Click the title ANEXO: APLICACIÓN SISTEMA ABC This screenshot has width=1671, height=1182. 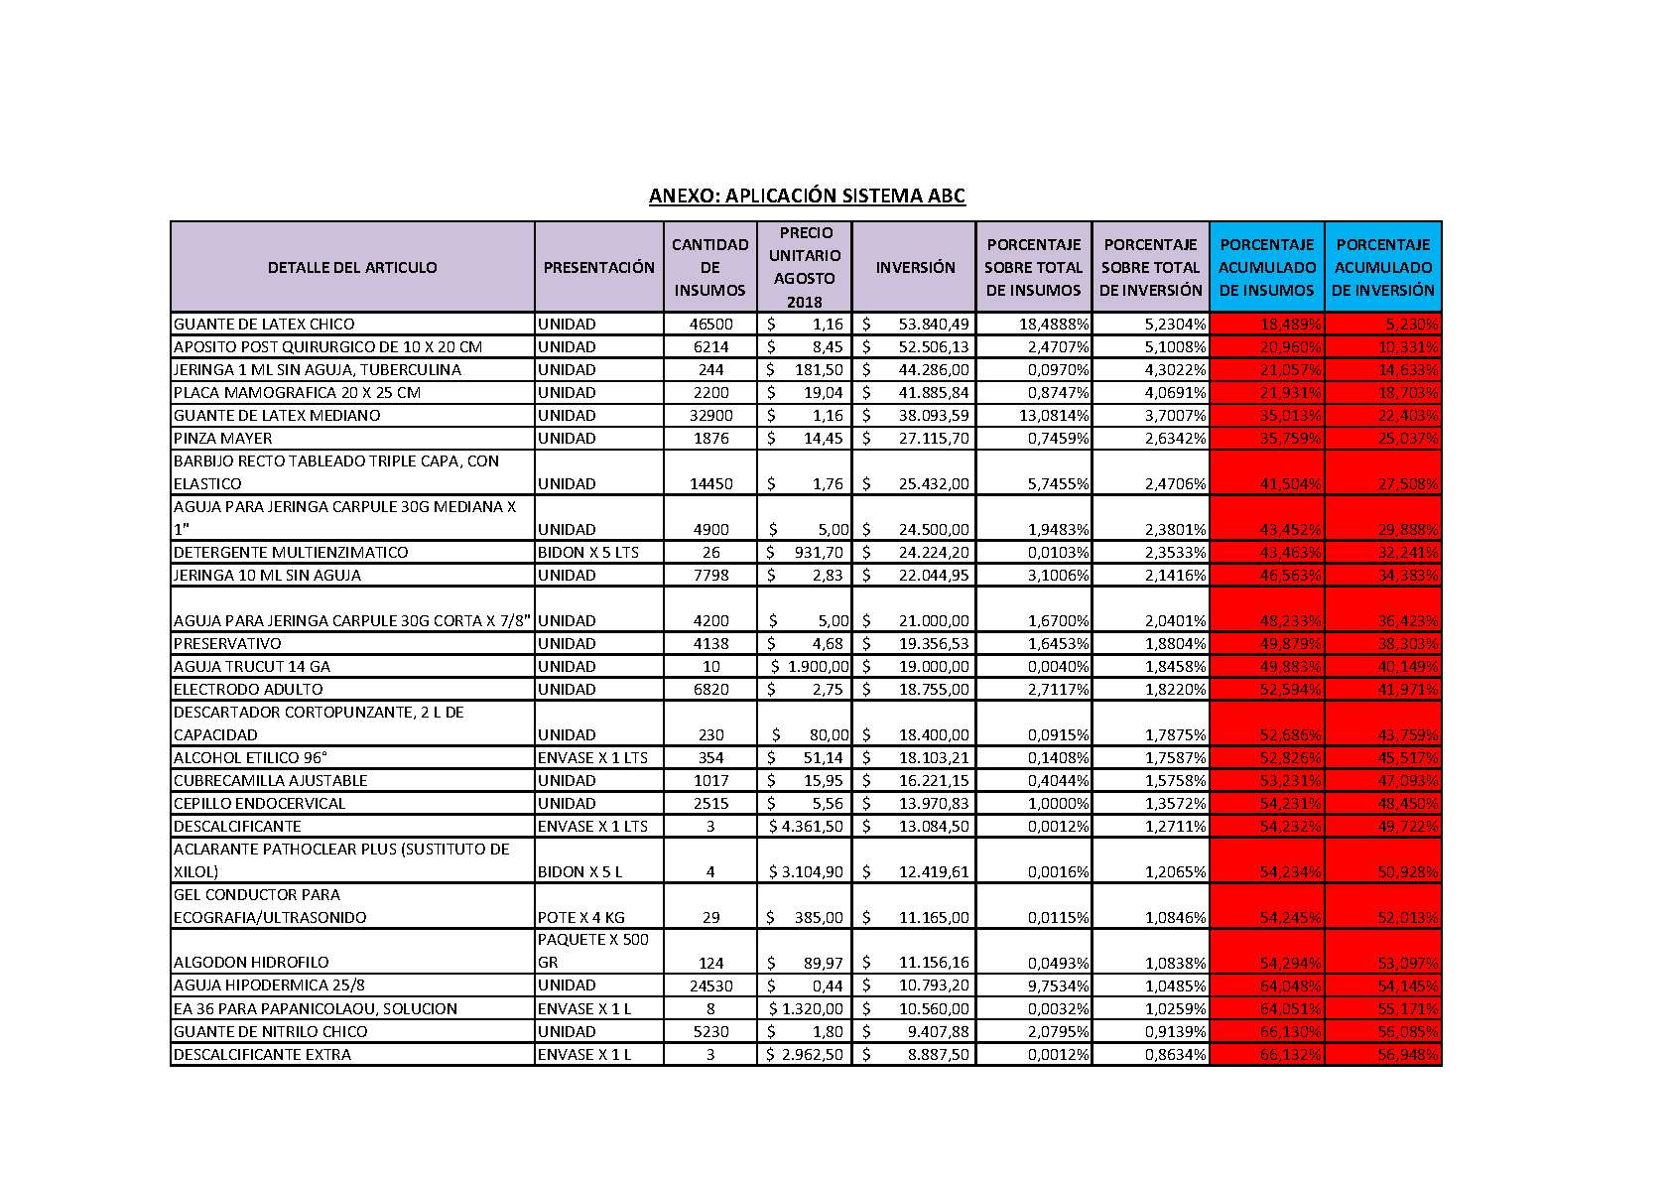(807, 196)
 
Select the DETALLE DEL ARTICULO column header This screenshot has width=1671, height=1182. (352, 267)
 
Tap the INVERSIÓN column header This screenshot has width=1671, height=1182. (915, 267)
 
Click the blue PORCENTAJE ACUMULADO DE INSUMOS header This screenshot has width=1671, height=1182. (1267, 267)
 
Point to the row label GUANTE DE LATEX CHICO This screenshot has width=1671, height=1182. (264, 325)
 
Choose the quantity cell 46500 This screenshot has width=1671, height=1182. (710, 325)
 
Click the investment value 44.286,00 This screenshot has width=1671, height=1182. (934, 370)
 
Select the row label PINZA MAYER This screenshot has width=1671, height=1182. (223, 439)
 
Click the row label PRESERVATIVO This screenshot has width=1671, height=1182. (227, 644)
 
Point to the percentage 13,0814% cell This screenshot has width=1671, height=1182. (1054, 416)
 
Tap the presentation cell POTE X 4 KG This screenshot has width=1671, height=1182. (581, 918)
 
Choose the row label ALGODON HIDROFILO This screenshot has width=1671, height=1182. (251, 963)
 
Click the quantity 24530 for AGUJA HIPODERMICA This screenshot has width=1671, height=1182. (710, 986)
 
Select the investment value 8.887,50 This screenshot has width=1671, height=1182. (938, 1055)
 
